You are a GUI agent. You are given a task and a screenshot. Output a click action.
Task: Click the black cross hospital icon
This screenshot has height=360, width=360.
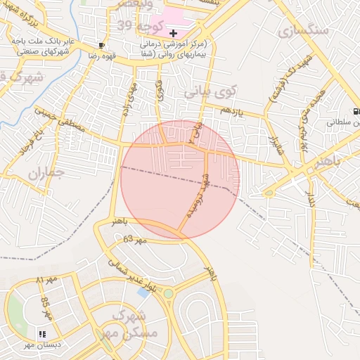click(x=174, y=33)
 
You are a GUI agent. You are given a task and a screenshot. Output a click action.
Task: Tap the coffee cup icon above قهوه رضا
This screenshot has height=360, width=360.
click(x=103, y=46)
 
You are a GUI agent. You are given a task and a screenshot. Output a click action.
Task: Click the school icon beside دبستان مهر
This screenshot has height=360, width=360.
click(x=42, y=334)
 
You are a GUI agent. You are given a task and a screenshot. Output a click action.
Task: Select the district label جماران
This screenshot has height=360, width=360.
click(x=46, y=172)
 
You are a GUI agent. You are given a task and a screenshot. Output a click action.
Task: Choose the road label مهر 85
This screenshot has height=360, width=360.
click(x=47, y=307)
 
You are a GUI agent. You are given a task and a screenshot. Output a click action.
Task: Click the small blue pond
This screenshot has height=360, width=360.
click(x=144, y=292)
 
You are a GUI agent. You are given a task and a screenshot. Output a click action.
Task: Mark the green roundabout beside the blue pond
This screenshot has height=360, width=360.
click(x=168, y=293)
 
